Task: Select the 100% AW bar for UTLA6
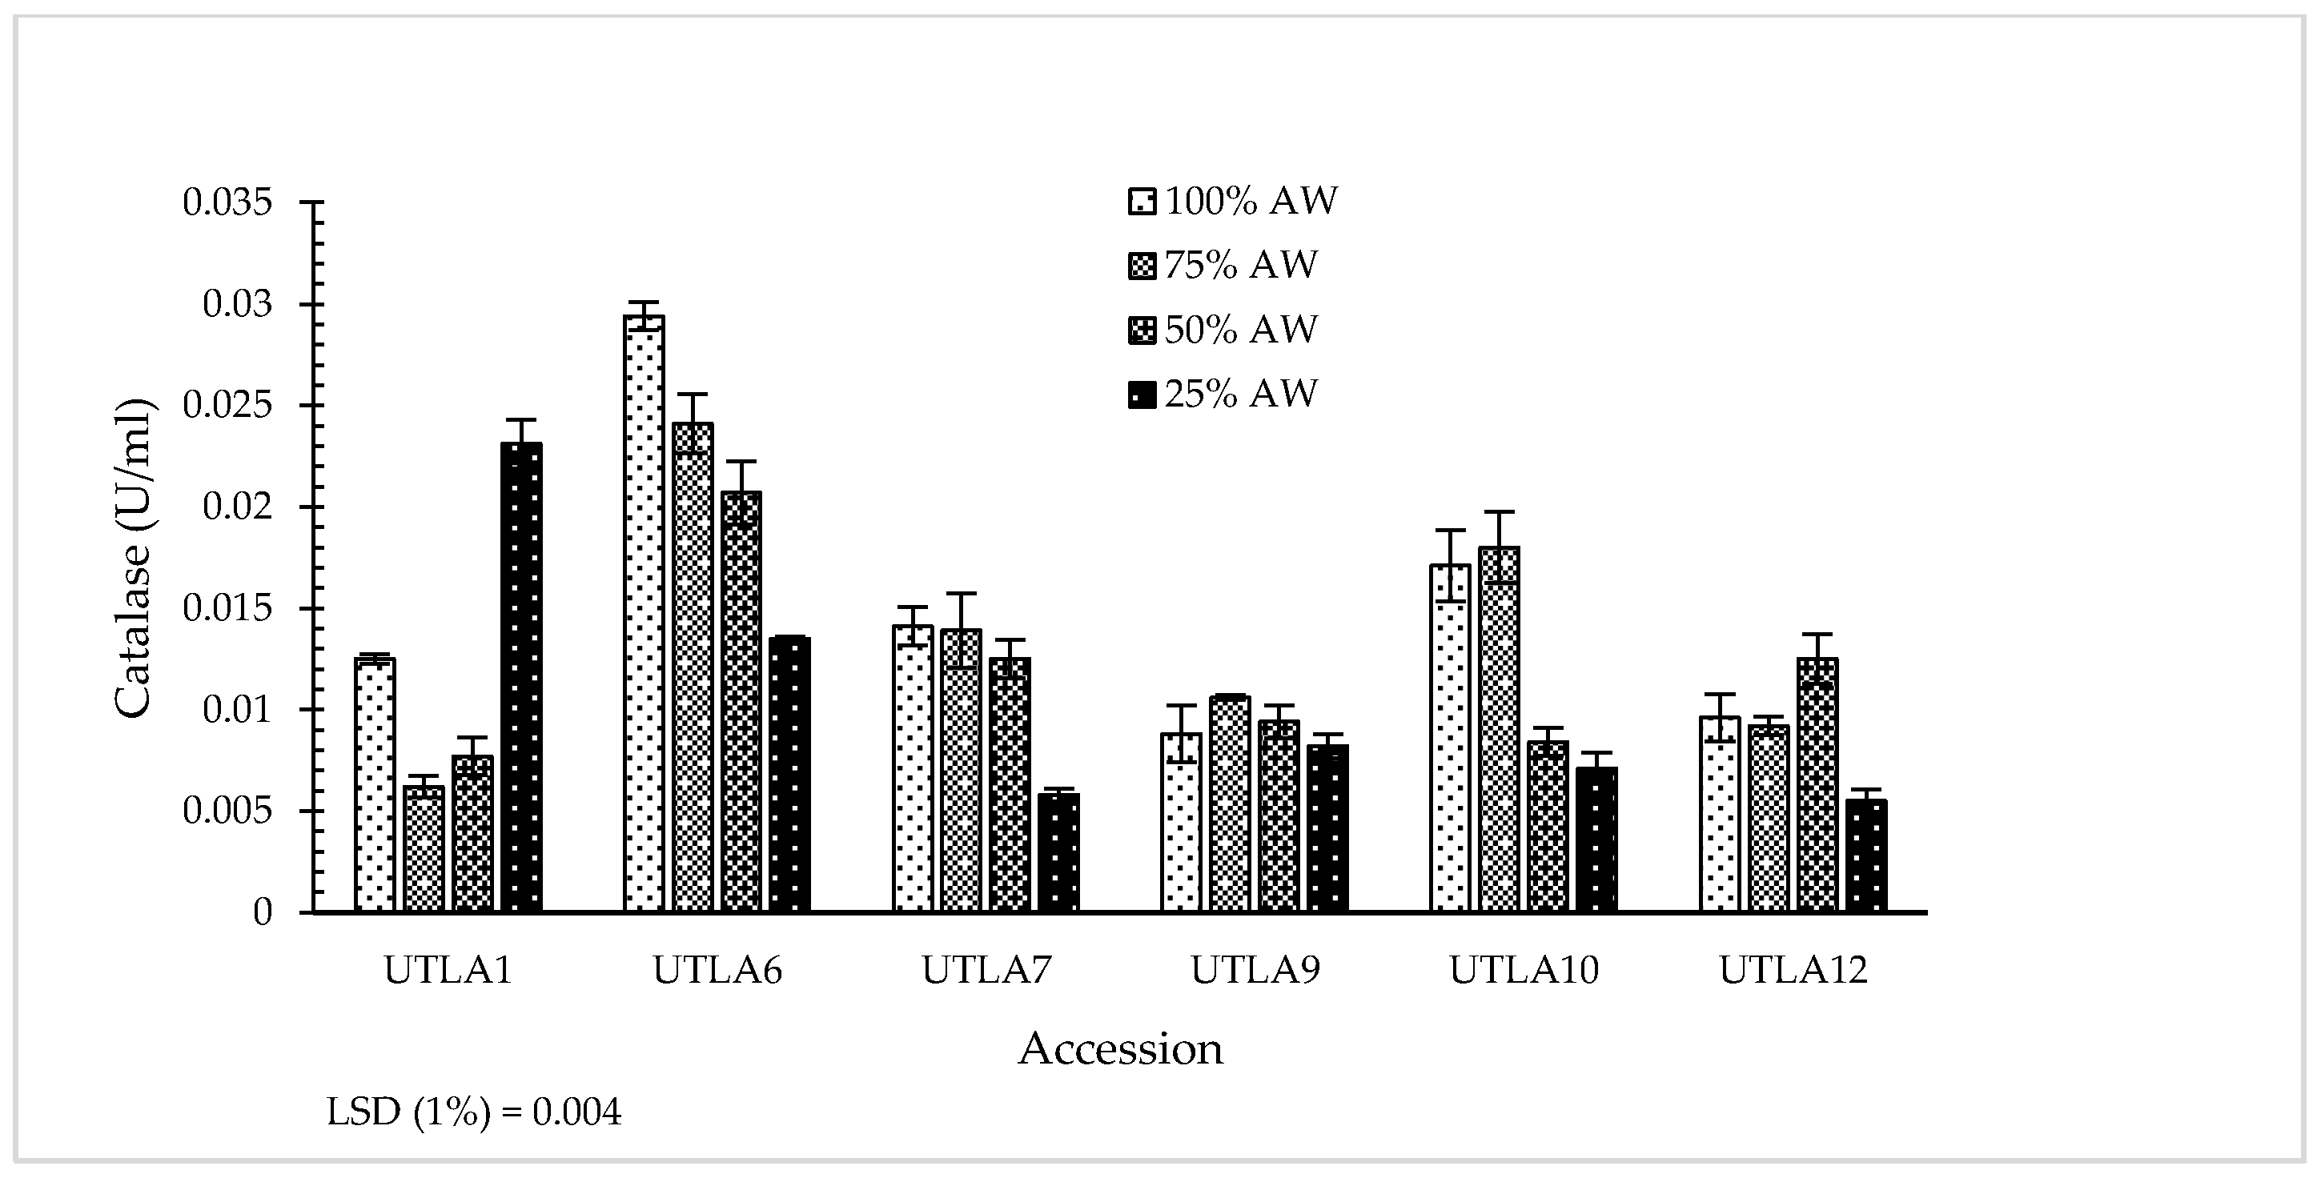pyautogui.click(x=644, y=614)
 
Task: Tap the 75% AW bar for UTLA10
pyautogui.click(x=1500, y=730)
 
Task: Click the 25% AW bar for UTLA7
pyautogui.click(x=1058, y=852)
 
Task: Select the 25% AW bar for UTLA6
pyautogui.click(x=790, y=775)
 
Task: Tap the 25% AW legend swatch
pyautogui.click(x=1141, y=395)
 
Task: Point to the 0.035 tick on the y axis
pyautogui.click(x=227, y=202)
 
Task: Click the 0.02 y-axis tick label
pyautogui.click(x=237, y=507)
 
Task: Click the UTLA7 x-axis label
pyautogui.click(x=986, y=970)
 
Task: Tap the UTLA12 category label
pyautogui.click(x=1793, y=970)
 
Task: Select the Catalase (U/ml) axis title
pyautogui.click(x=135, y=559)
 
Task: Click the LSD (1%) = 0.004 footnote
pyautogui.click(x=474, y=1112)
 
